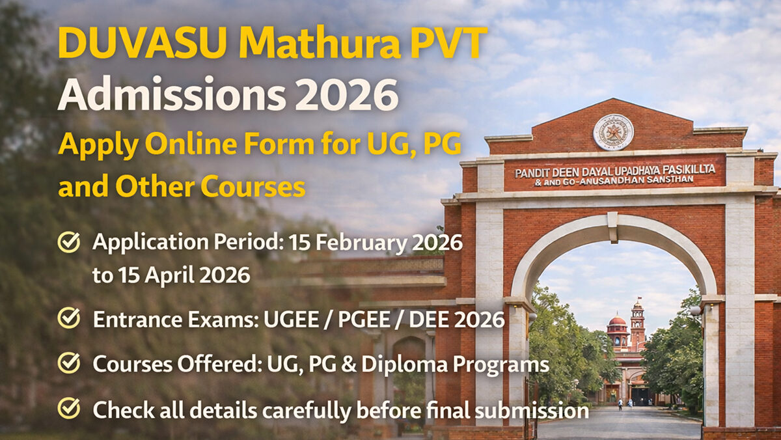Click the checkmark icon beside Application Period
(x=69, y=243)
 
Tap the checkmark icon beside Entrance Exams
(x=69, y=319)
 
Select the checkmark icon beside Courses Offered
(x=69, y=364)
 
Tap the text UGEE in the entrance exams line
(x=297, y=320)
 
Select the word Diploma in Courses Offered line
(x=415, y=364)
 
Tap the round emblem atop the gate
(x=613, y=132)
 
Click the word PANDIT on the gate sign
(x=532, y=173)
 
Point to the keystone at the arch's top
(x=612, y=227)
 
